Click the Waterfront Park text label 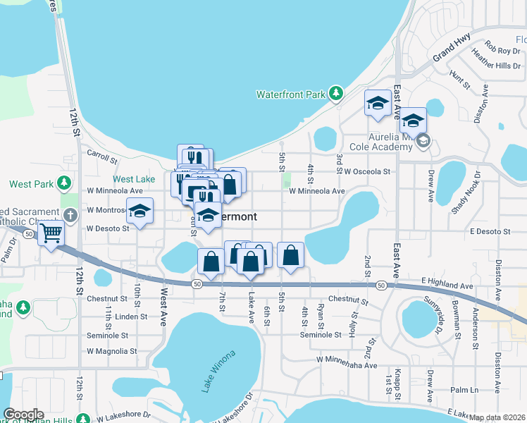point(290,94)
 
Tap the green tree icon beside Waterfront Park point(337,93)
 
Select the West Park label point(31,184)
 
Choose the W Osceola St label point(367,171)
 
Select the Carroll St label point(101,152)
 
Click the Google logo point(23,415)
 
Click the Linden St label point(131,317)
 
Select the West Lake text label point(134,179)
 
